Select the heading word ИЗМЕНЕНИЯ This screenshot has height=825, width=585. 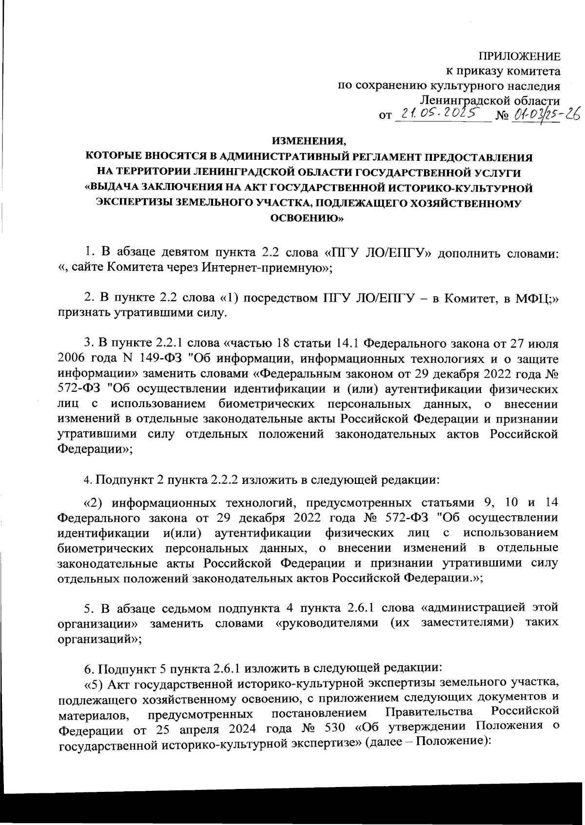[309, 142]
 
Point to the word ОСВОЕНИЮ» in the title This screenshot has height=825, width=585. [308, 219]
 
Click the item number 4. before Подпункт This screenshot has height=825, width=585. [88, 480]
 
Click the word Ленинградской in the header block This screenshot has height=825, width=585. [457, 101]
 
